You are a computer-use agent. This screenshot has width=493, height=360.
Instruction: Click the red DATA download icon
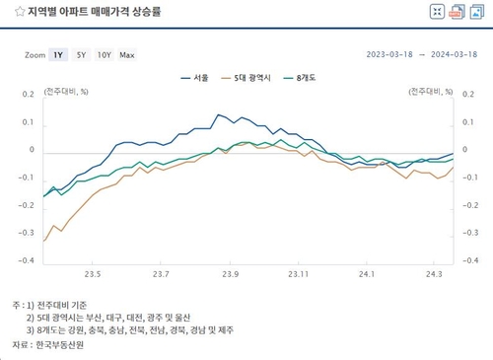tap(458, 12)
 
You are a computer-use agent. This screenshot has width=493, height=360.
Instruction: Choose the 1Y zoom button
tap(58, 54)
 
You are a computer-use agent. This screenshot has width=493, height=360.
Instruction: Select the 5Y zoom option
tap(82, 54)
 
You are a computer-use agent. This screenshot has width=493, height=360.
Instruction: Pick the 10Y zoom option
tap(105, 54)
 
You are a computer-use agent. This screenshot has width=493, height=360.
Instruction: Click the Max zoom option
tap(127, 54)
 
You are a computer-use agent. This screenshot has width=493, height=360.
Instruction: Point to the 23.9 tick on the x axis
tap(232, 275)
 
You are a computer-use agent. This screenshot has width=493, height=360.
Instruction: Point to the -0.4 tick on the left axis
tap(27, 260)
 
